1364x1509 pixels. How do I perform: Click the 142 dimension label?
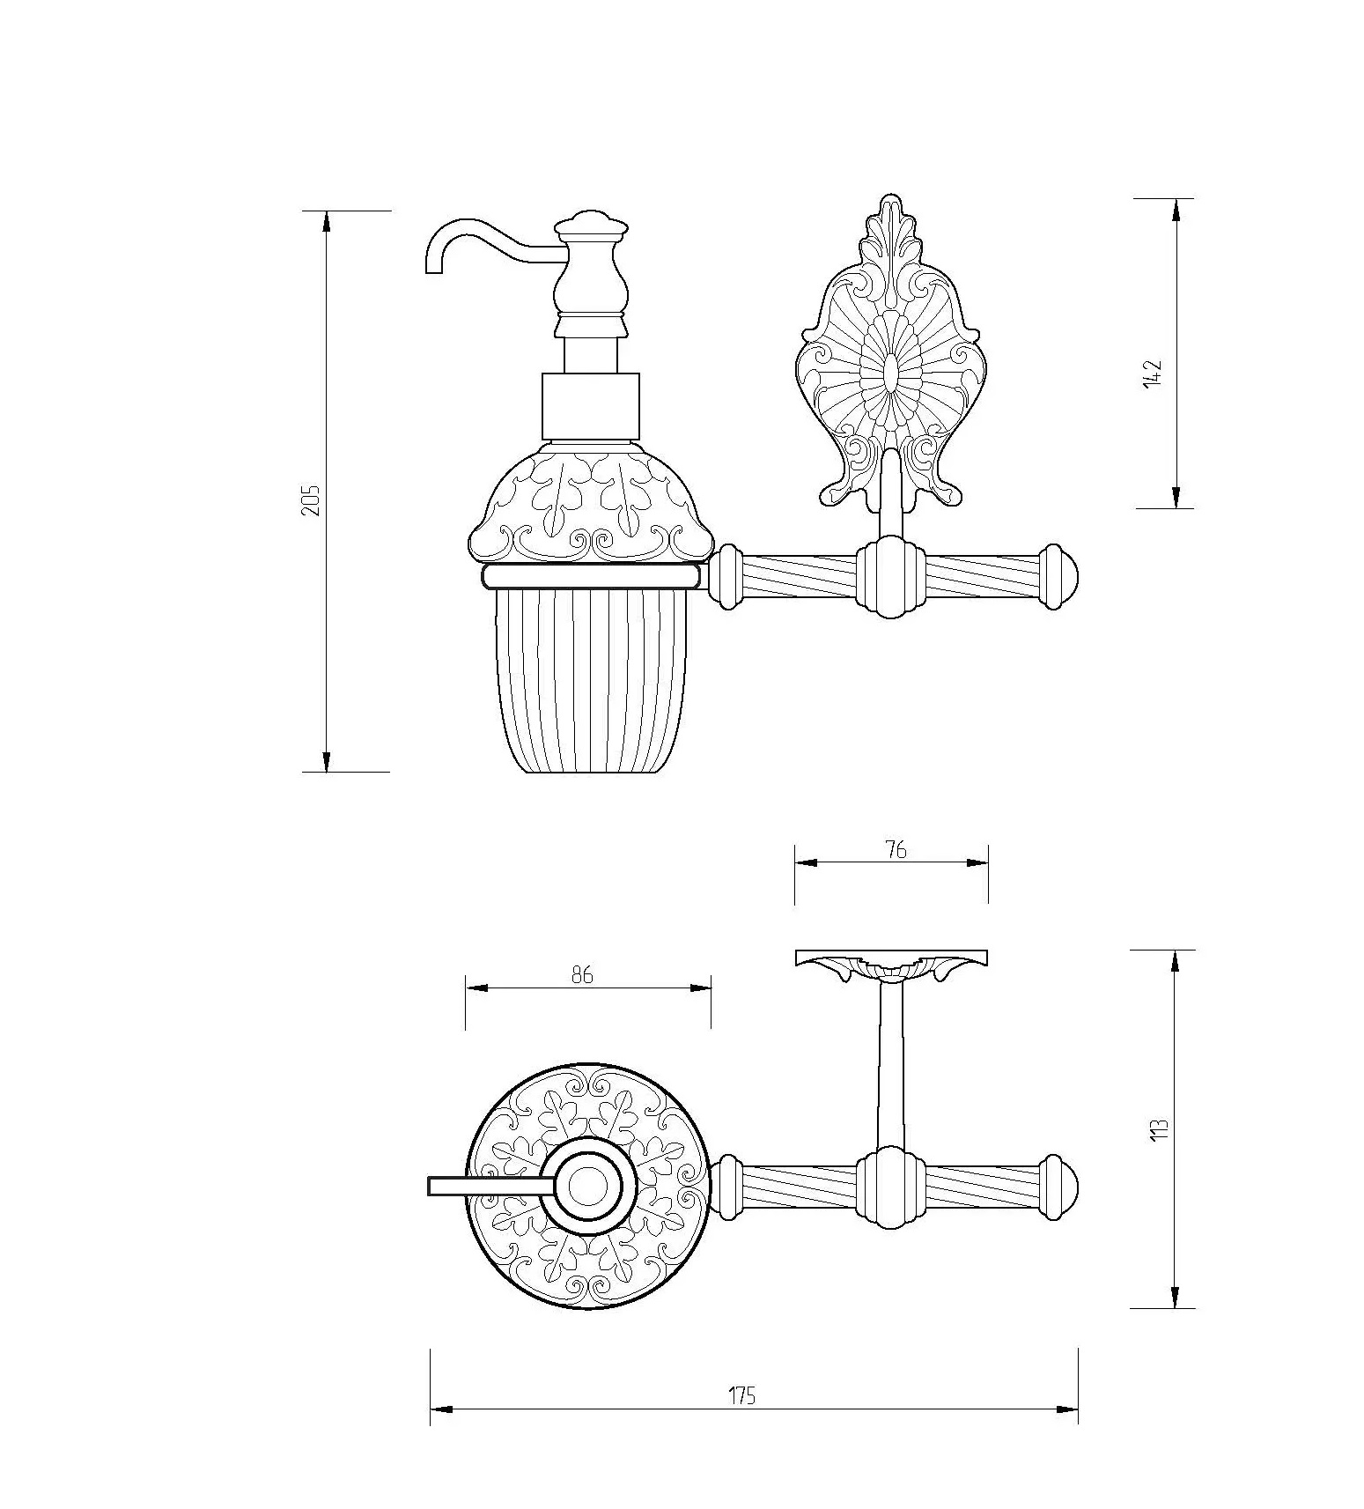point(1153,374)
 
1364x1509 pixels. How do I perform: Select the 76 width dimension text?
point(895,850)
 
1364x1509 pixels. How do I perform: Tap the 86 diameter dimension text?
point(582,975)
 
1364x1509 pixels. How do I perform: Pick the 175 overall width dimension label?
point(742,1396)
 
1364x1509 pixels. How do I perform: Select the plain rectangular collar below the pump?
point(588,408)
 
